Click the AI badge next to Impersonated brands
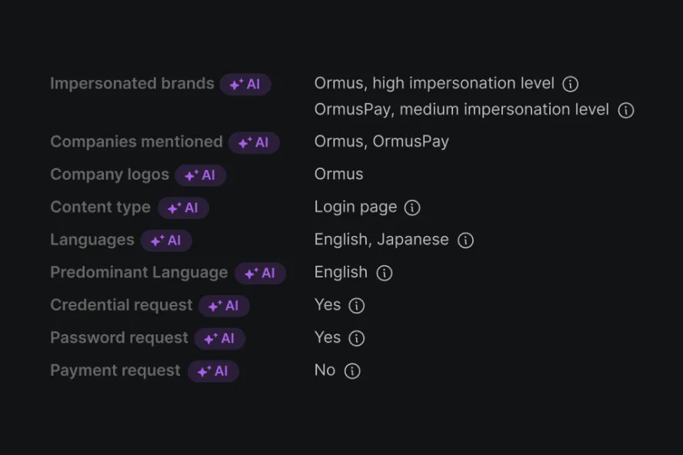click(x=245, y=85)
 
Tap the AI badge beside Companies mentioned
click(x=254, y=143)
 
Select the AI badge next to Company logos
click(x=200, y=175)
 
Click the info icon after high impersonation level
click(x=570, y=84)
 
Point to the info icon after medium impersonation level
click(x=626, y=111)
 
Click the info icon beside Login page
click(x=412, y=208)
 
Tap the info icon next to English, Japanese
click(x=465, y=241)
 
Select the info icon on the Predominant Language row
click(x=384, y=273)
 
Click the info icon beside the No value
click(x=352, y=371)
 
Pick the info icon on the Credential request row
click(x=356, y=306)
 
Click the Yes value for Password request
click(x=328, y=337)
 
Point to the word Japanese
click(x=412, y=240)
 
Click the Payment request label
click(x=115, y=370)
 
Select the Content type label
click(x=100, y=208)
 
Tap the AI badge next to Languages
click(x=166, y=241)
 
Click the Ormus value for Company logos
click(x=338, y=174)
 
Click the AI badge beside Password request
click(x=220, y=339)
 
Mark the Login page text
click(x=355, y=208)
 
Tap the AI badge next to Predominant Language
click(x=260, y=274)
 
